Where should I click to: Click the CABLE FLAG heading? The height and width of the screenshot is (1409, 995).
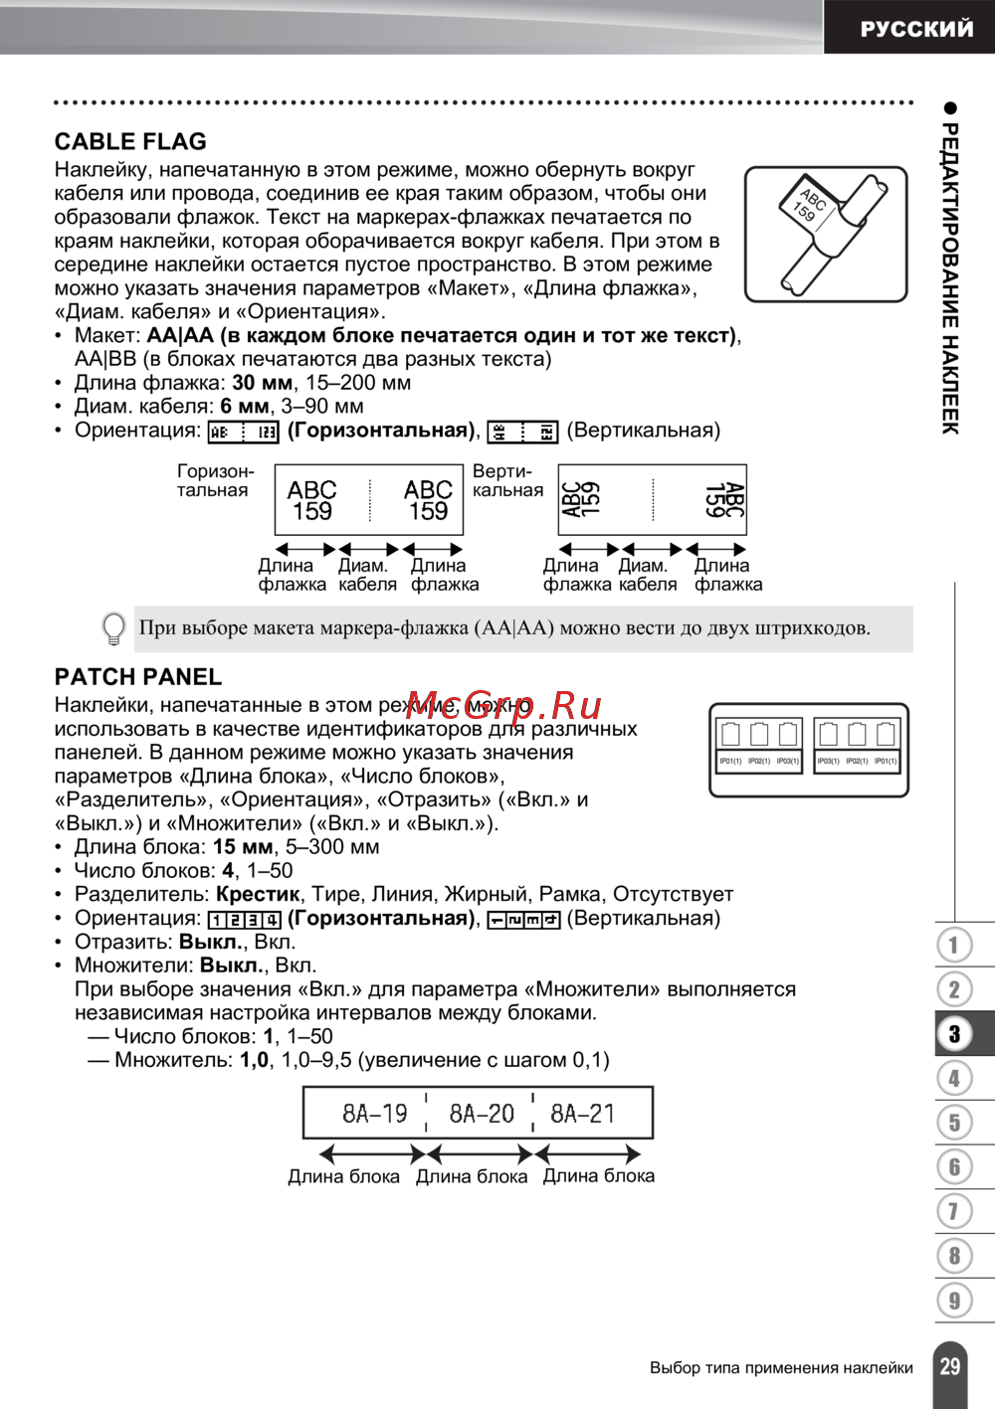[130, 142]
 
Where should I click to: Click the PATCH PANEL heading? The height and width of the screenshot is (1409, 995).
[138, 677]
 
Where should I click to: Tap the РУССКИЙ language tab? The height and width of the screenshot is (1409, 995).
[915, 28]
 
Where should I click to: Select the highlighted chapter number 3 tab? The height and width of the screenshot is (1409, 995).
[954, 1034]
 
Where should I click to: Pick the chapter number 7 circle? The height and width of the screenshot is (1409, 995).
[954, 1211]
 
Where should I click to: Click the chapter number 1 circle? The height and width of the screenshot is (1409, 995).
[954, 945]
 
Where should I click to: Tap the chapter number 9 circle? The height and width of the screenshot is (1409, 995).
[954, 1300]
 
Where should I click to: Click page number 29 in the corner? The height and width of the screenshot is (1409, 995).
[950, 1366]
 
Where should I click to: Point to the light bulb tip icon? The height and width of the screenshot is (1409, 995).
[114, 628]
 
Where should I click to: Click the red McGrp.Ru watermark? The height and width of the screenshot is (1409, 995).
[503, 705]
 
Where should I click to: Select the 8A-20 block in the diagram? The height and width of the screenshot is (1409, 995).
[482, 1114]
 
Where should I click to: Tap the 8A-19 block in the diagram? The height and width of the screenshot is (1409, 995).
[374, 1114]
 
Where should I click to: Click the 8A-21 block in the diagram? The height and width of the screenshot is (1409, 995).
[583, 1114]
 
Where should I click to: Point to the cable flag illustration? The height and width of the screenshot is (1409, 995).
[826, 235]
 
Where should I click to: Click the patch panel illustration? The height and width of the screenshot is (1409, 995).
[809, 750]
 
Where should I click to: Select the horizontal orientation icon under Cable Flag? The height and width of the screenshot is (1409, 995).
[243, 432]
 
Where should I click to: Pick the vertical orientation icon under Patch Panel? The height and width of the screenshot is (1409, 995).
[523, 920]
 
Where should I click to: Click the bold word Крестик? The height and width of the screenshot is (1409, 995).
[258, 894]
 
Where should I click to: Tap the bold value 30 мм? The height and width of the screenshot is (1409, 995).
[263, 383]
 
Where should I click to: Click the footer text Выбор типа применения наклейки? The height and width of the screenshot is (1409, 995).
[781, 1368]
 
